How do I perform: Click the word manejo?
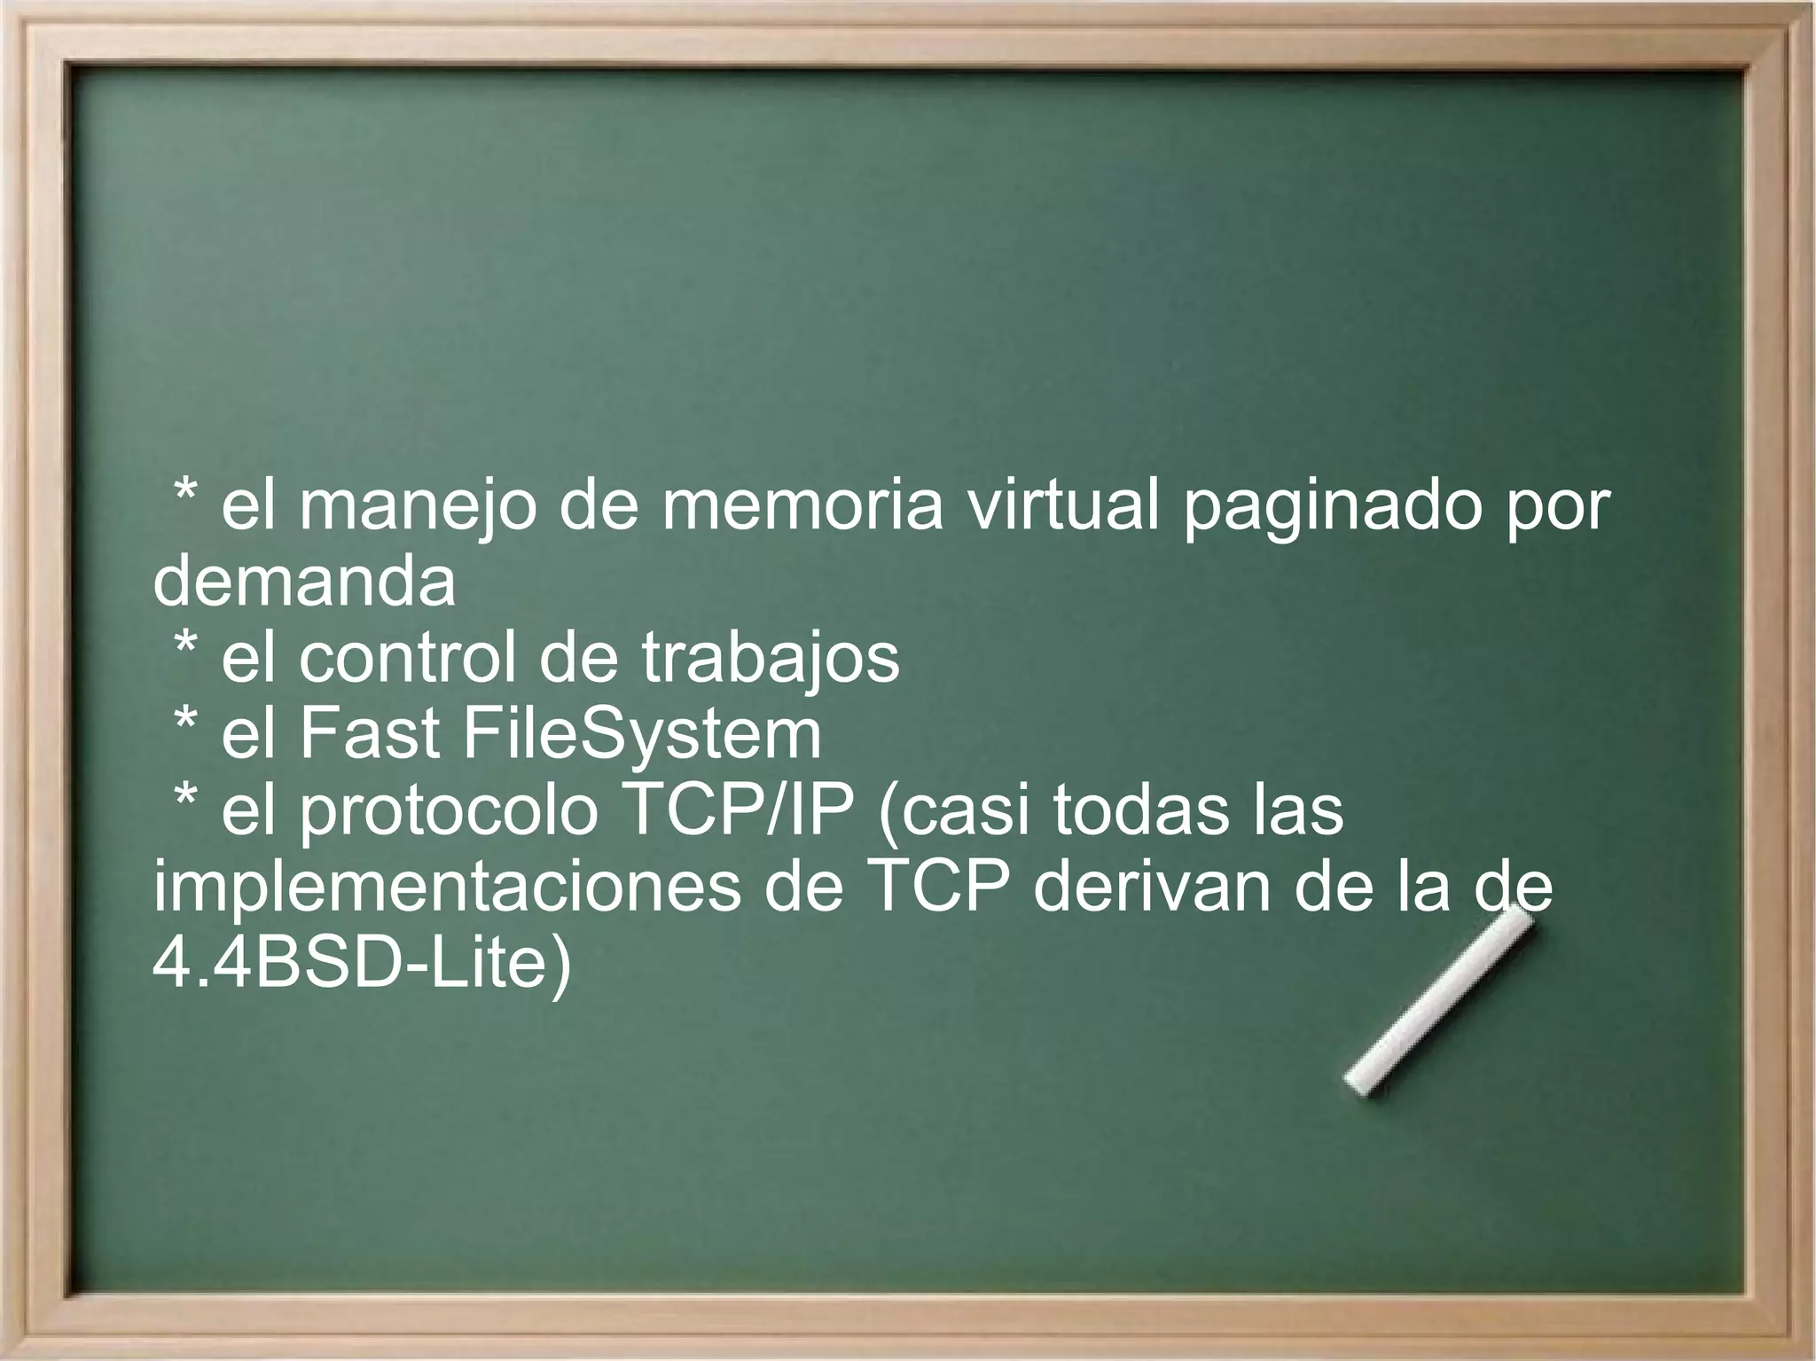[x=418, y=509]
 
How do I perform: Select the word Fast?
[x=371, y=734]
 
